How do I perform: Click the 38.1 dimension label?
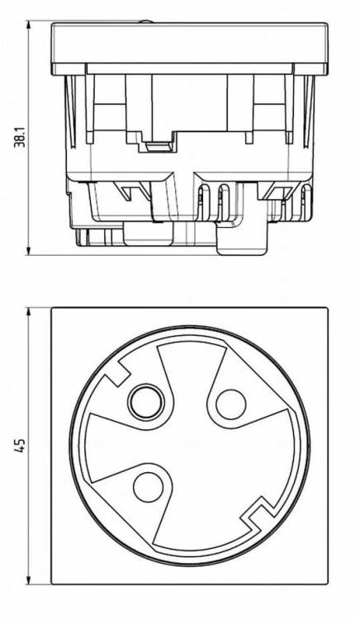[20, 137]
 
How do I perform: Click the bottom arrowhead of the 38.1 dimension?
[28, 249]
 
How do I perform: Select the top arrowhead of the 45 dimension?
[28, 314]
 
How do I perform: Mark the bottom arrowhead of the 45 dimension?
[28, 579]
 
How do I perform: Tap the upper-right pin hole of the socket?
[231, 404]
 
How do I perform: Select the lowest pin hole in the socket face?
[149, 487]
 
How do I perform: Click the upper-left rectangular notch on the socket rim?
[116, 374]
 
